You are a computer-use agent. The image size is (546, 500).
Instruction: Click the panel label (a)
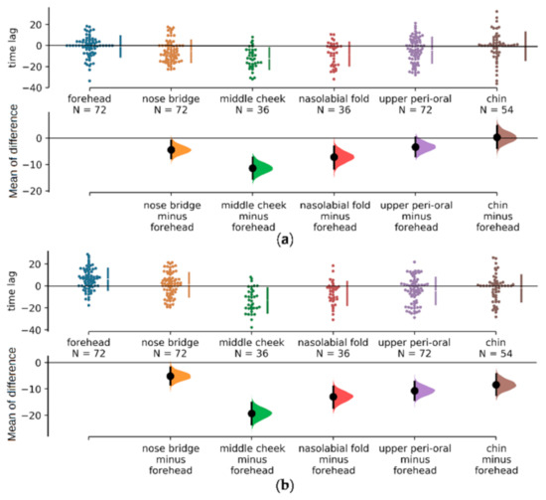tap(285, 241)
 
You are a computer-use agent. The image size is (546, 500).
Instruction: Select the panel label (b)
tap(285, 491)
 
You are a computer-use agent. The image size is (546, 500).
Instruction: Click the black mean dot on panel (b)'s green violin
tap(252, 414)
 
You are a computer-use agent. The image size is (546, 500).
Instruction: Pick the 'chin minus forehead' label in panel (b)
tap(508, 456)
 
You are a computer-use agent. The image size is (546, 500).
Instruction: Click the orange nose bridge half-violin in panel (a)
tap(180, 149)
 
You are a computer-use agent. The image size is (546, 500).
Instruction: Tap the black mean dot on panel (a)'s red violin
tap(334, 157)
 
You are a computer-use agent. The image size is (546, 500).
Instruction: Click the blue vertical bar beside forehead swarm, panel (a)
tap(120, 46)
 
